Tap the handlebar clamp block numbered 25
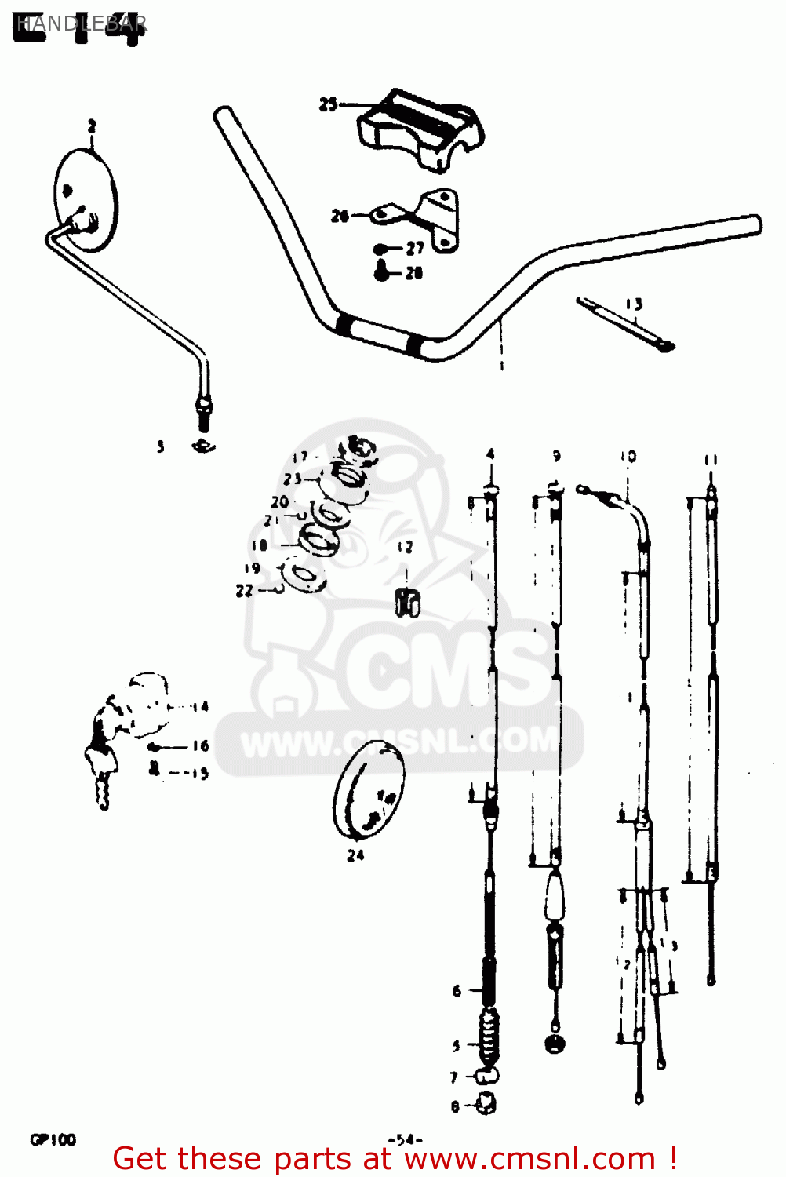click(x=421, y=129)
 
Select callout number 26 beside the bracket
click(x=340, y=216)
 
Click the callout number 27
click(x=415, y=249)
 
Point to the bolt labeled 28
click(x=383, y=271)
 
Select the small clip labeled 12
click(x=407, y=602)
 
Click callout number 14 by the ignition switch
click(x=200, y=706)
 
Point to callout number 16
click(x=201, y=745)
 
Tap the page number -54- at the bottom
click(x=405, y=1139)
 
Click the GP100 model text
click(x=53, y=1139)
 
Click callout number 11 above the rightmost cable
click(x=711, y=460)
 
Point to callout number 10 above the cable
click(x=628, y=456)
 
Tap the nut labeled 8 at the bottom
click(x=486, y=1105)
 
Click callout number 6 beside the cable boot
click(x=457, y=991)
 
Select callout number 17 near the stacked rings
click(x=300, y=457)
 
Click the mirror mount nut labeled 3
click(x=202, y=446)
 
